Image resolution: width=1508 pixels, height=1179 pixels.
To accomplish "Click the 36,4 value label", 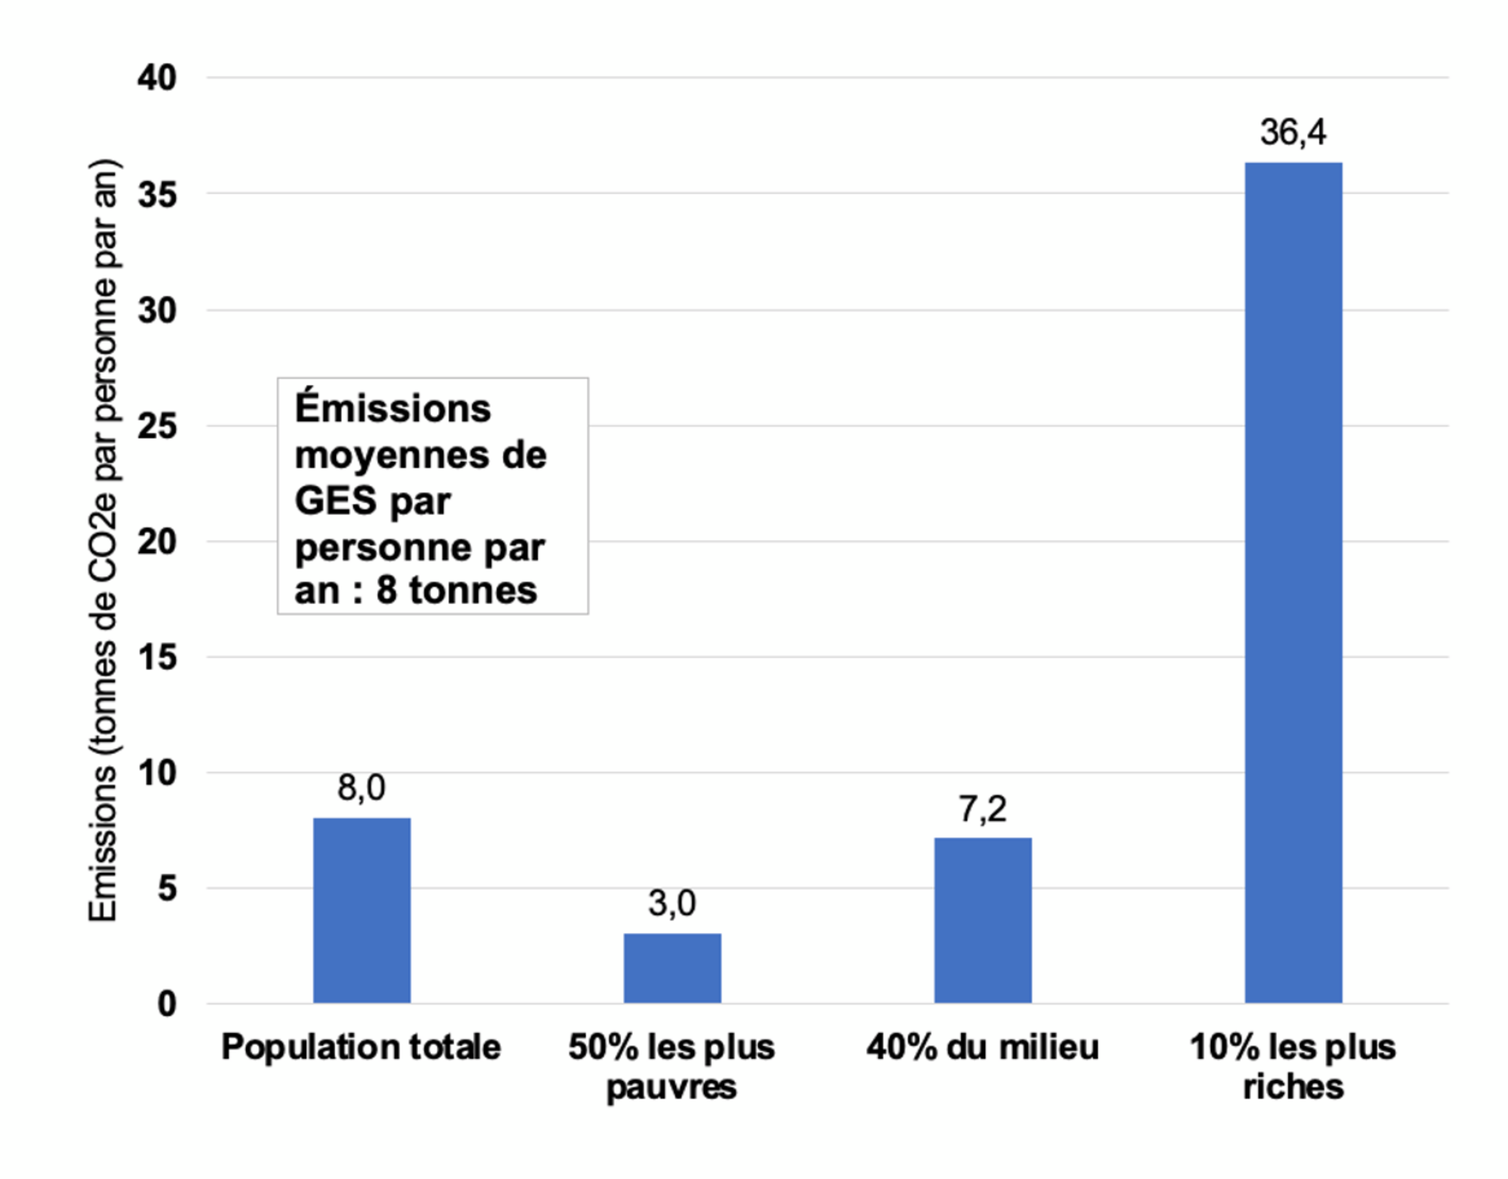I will coord(1293,132).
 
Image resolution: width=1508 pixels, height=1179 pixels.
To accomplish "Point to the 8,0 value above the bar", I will coord(362,788).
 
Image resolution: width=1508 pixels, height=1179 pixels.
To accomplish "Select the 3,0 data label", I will coord(672,903).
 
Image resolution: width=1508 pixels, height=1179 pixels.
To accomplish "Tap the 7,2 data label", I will coord(982,808).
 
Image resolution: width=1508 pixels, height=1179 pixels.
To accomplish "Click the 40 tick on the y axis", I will coord(158,78).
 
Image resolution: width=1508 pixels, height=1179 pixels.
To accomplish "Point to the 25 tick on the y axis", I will coord(158,426).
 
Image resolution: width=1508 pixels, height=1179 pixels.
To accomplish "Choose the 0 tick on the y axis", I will coord(167,1004).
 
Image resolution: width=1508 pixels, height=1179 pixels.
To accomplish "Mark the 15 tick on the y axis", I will coord(158,657).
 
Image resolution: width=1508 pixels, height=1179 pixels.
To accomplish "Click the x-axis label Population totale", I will coord(361,1048).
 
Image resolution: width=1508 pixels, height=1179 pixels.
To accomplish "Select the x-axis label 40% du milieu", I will coord(982,1048).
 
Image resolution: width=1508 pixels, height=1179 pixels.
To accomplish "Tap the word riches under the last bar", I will coord(1293,1087).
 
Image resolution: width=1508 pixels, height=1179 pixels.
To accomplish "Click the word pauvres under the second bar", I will coord(672,1088).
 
